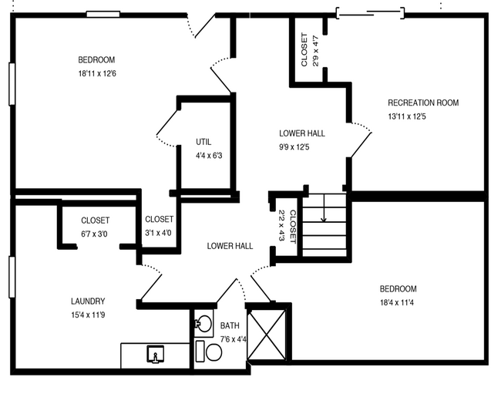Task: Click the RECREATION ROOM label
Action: click(423, 103)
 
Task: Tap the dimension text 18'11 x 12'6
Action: click(96, 74)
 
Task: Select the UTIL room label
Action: click(203, 142)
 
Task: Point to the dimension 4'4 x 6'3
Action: click(208, 156)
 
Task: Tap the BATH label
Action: click(230, 326)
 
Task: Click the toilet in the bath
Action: click(211, 352)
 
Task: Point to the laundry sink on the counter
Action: click(156, 355)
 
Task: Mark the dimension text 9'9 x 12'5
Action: click(301, 146)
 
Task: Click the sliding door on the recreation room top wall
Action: click(369, 12)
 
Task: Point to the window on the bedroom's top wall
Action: click(103, 14)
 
